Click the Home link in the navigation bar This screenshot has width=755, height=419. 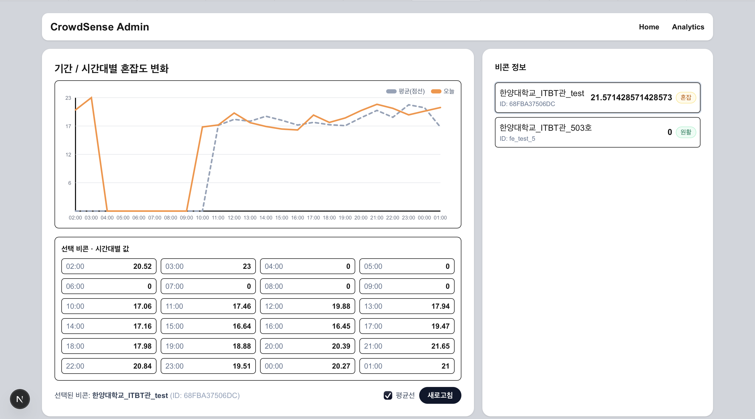pyautogui.click(x=649, y=27)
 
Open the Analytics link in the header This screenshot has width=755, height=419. pyautogui.click(x=688, y=27)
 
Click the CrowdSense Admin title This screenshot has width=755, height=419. pyautogui.click(x=100, y=27)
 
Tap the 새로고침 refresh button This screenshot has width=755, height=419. pyautogui.click(x=440, y=395)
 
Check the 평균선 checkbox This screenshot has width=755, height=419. pyautogui.click(x=388, y=395)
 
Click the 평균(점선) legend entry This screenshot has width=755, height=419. pyautogui.click(x=406, y=91)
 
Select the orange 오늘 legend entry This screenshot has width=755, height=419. pyautogui.click(x=443, y=91)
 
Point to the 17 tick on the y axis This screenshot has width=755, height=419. pyautogui.click(x=68, y=126)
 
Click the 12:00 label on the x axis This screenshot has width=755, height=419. pyautogui.click(x=234, y=218)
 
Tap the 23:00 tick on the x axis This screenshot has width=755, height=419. pyautogui.click(x=408, y=218)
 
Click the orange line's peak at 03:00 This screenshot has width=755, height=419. pyautogui.click(x=91, y=97)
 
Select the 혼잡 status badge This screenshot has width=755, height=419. pyautogui.click(x=686, y=97)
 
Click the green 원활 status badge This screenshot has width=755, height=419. pyautogui.click(x=686, y=132)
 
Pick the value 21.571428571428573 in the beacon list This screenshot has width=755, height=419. pyautogui.click(x=631, y=97)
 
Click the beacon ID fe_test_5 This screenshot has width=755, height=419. pyautogui.click(x=517, y=139)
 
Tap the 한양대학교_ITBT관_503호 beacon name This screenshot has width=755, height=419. pyautogui.click(x=546, y=128)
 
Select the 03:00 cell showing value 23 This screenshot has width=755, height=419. pyautogui.click(x=208, y=266)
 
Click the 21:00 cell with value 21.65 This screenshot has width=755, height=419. pyautogui.click(x=407, y=346)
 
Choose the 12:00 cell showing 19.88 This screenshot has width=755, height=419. pyautogui.click(x=307, y=306)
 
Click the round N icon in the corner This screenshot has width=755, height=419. pyautogui.click(x=20, y=399)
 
